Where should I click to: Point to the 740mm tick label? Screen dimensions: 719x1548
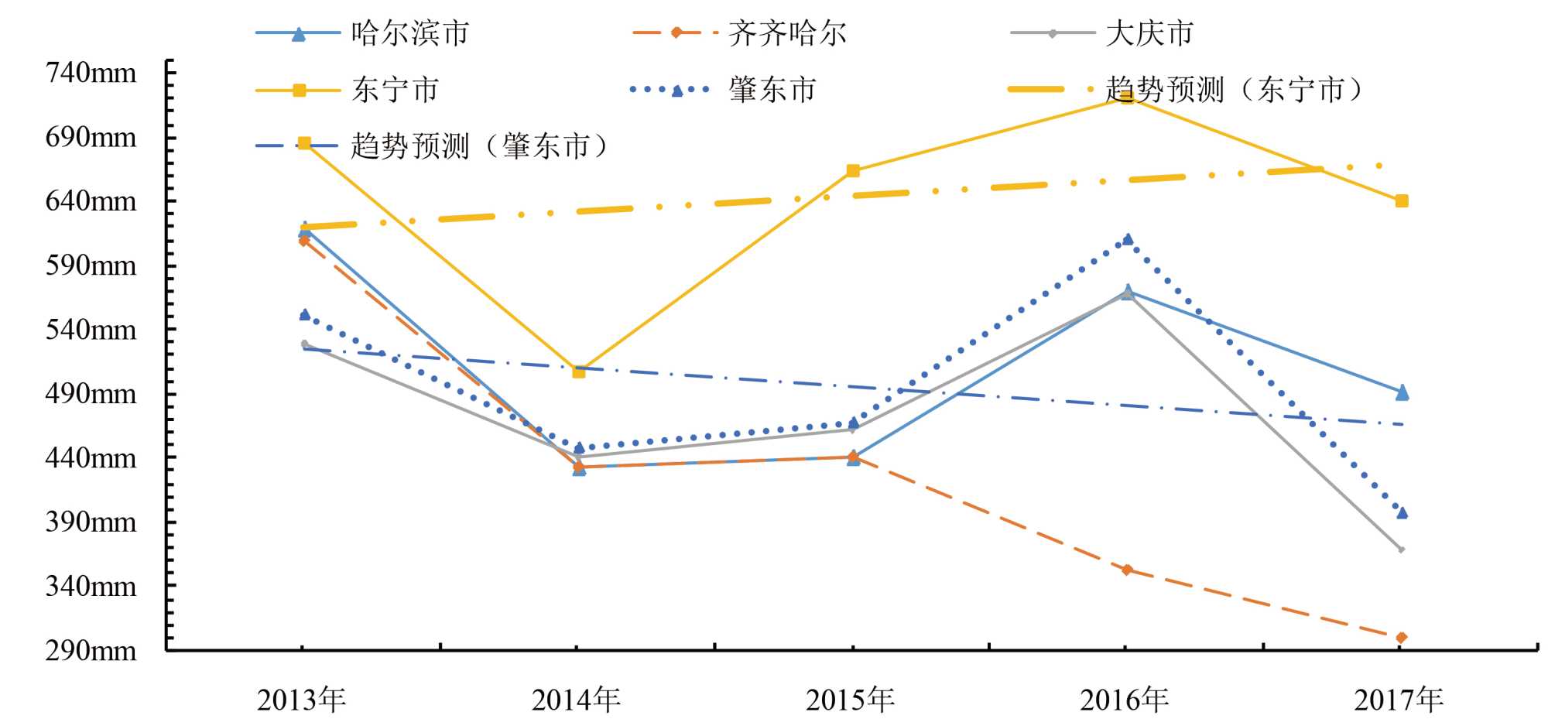[x=91, y=73]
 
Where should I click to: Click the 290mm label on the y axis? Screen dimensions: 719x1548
[x=91, y=650]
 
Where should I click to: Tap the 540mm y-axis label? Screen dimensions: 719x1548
[x=91, y=330]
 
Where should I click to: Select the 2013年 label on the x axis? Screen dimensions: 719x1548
[x=301, y=700]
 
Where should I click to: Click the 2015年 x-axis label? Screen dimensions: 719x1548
[x=850, y=700]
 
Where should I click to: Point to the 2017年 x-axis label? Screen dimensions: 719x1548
[x=1399, y=700]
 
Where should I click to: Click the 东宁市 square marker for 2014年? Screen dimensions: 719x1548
[x=578, y=371]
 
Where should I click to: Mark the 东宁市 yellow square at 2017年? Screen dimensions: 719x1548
[x=1402, y=201]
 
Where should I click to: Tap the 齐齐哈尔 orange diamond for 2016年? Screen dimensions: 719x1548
[x=1127, y=570]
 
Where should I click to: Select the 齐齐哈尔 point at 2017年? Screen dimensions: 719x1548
[x=1402, y=638]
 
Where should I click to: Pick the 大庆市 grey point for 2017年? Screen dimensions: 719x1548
[x=1402, y=550]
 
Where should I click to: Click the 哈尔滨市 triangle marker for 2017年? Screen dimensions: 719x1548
[x=1402, y=393]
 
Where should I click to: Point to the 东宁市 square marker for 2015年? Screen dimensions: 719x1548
[x=853, y=171]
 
